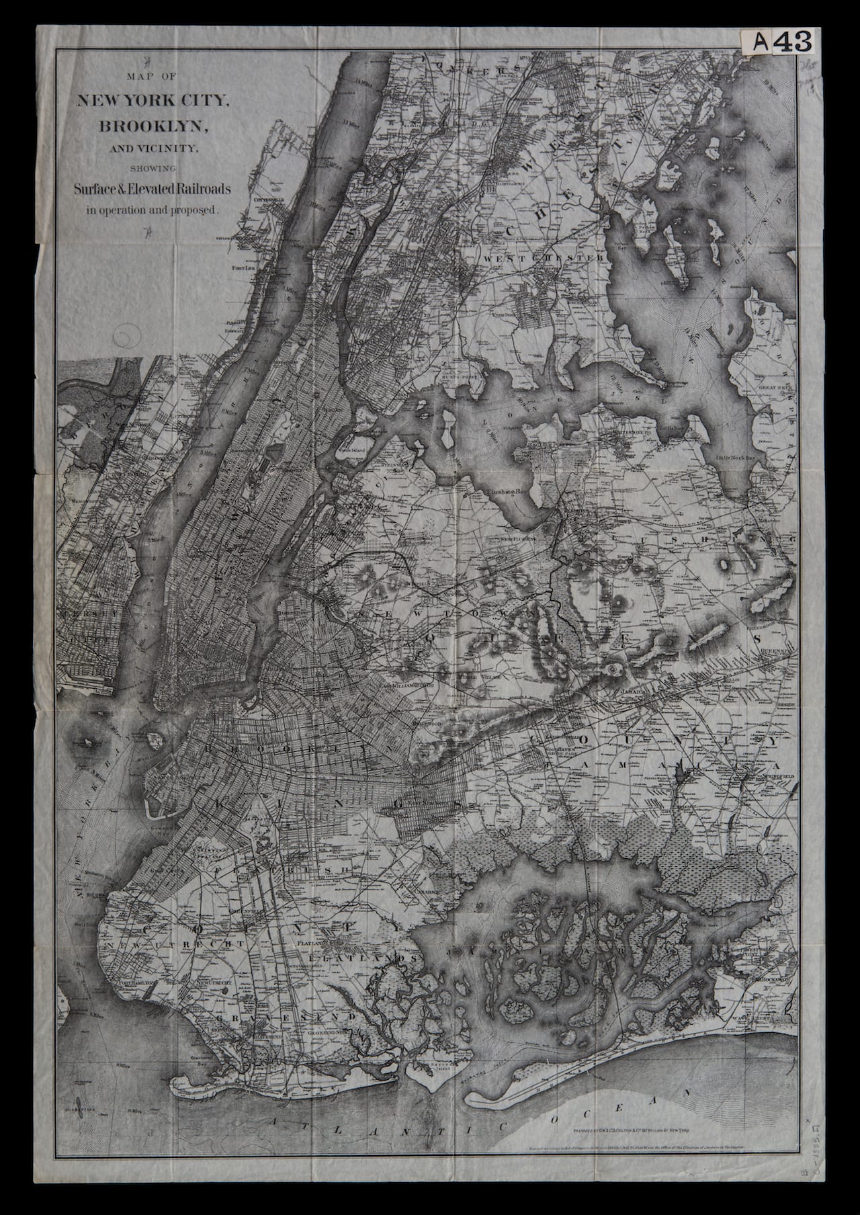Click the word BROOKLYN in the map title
point(154,125)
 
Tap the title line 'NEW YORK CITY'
point(154,101)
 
